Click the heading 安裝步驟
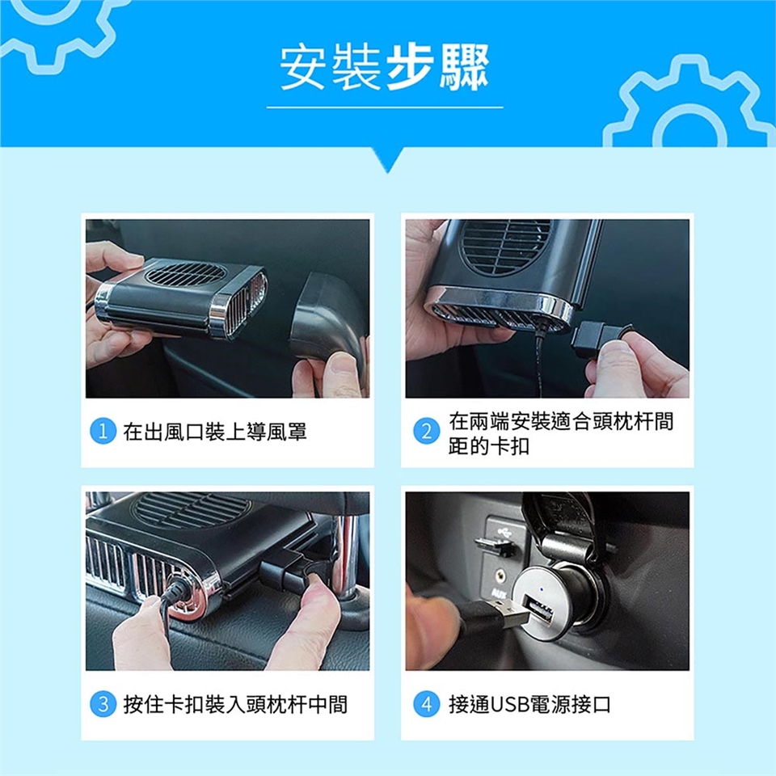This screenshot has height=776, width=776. coord(385,67)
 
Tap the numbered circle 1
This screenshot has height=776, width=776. coord(103,431)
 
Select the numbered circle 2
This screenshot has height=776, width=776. coord(426,431)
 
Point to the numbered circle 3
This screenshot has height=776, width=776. coord(103,704)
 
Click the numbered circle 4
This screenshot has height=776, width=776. coord(426,704)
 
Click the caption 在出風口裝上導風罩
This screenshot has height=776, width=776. coord(215,432)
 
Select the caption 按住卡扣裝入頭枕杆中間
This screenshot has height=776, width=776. coord(235,704)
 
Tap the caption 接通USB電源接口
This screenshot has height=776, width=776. coord(529,704)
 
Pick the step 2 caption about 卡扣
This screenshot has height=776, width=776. coord(561,433)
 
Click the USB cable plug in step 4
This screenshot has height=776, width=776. coord(500,615)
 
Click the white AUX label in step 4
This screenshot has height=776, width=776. coord(499,594)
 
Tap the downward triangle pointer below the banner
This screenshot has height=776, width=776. coord(388,159)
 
